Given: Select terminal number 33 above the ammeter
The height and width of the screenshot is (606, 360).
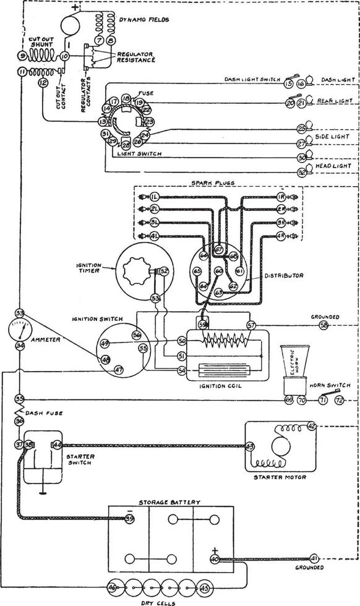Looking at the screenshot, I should tap(20, 313).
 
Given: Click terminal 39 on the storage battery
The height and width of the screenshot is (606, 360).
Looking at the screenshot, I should tap(129, 519).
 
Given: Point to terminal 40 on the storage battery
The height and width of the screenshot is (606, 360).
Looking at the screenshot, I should tap(215, 559).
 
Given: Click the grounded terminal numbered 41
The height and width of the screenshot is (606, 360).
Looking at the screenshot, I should tap(314, 558).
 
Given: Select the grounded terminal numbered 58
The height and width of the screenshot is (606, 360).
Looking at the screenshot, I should tap(324, 324).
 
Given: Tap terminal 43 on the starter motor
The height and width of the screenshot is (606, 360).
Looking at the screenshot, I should tap(250, 446).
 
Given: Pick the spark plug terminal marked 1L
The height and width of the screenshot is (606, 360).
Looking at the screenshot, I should tap(154, 196).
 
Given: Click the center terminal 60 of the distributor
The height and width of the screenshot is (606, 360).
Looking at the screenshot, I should tap(218, 271).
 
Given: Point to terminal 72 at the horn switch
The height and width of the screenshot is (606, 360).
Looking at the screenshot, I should tap(339, 401).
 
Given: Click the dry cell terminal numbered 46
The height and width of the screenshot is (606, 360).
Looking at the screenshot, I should tap(112, 587).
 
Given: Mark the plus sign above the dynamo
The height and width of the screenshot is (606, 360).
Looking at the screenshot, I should tap(75, 8).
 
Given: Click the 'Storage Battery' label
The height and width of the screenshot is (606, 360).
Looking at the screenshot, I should tap(169, 503).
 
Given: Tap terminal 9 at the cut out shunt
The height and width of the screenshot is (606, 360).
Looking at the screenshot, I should tap(22, 56).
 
